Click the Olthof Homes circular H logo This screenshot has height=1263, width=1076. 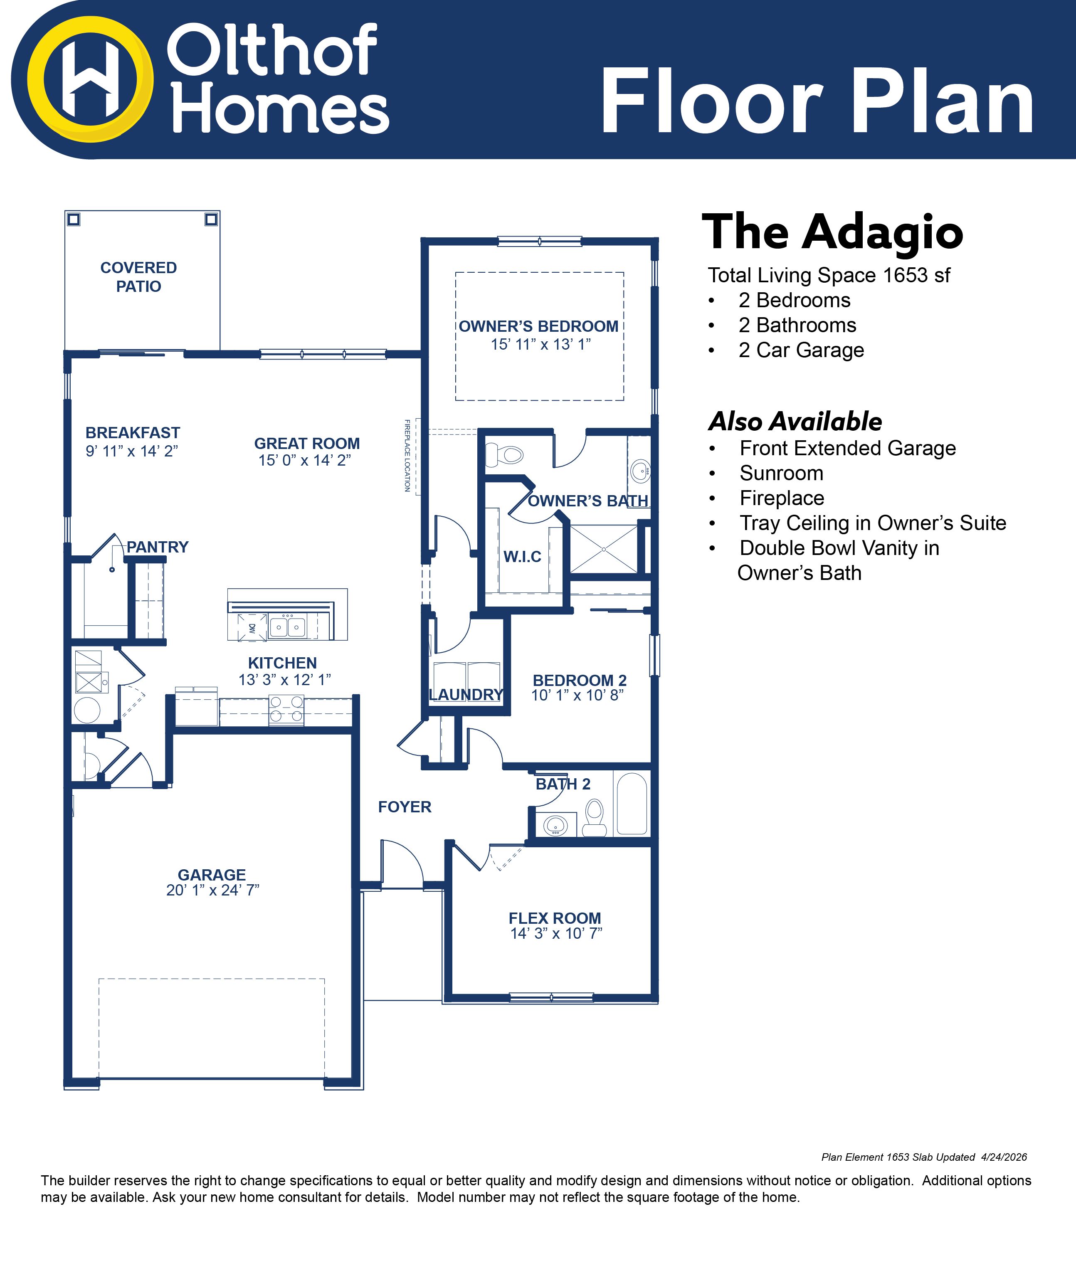90,79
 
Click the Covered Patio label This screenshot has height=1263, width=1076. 138,277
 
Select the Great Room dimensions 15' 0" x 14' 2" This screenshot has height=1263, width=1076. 305,460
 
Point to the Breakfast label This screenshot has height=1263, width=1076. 133,433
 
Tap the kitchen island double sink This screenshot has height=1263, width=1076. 288,626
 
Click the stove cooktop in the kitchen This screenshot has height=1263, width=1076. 286,710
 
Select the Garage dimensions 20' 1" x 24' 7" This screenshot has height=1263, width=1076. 213,890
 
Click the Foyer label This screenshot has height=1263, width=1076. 405,807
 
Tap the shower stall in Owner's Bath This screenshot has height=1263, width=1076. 604,549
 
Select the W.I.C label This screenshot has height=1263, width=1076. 523,557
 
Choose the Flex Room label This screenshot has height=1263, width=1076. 555,918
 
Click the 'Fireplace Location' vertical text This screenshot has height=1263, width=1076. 407,455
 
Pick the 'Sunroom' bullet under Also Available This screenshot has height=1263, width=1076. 782,473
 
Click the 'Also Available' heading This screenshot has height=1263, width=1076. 795,421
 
